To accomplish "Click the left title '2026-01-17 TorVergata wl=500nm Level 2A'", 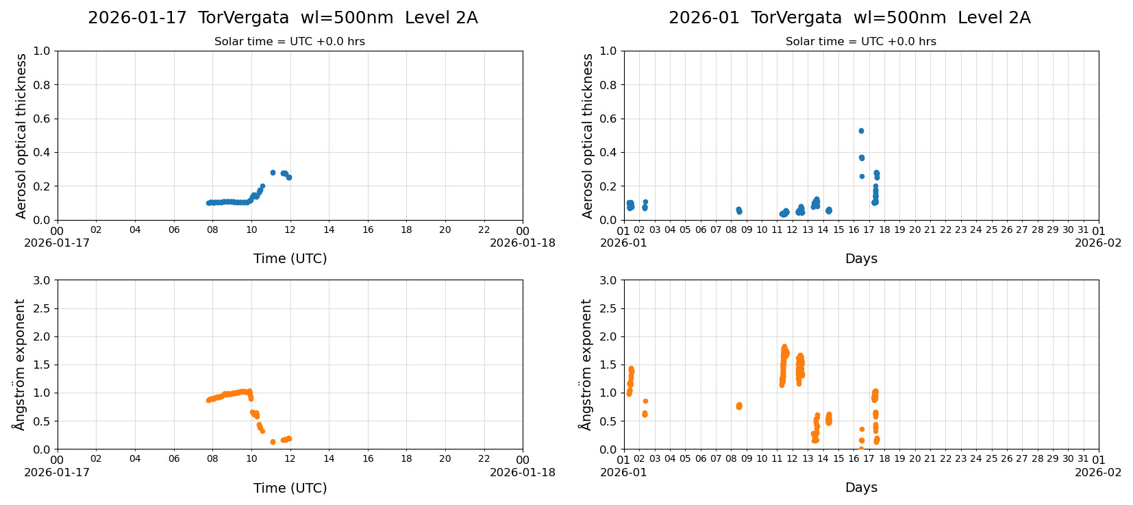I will tap(282, 19).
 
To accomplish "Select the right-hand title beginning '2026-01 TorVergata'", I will tap(849, 19).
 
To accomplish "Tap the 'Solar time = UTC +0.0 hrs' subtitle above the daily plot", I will tap(289, 42).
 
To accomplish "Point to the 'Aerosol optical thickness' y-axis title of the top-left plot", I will tap(21, 136).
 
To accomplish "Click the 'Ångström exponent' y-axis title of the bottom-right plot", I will tap(586, 365).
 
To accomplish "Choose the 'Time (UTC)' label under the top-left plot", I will tap(290, 258).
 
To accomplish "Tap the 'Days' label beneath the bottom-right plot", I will tap(861, 488).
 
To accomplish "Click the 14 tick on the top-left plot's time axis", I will tap(329, 230).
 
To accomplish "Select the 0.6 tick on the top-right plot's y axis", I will tap(608, 119).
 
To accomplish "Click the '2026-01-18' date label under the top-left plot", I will tap(523, 243).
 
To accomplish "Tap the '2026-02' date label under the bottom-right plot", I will tap(1098, 472).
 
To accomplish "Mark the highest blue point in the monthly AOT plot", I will tap(861, 131).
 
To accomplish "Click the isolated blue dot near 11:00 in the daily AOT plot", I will tap(273, 173).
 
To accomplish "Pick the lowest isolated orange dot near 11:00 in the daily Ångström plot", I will tap(273, 442).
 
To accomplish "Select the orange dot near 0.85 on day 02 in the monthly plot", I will tap(645, 402).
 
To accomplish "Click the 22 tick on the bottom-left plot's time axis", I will tap(484, 460).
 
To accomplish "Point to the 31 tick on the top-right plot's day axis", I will tap(1083, 230).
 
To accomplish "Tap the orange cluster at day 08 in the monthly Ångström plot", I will tap(738, 406).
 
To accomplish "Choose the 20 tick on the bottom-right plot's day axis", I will tap(914, 460).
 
